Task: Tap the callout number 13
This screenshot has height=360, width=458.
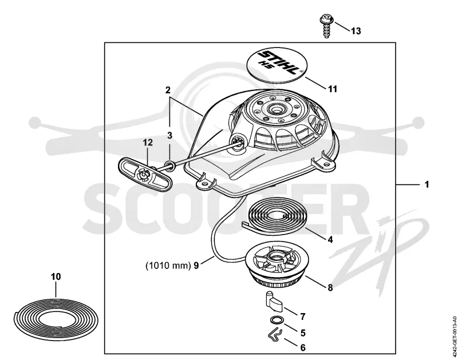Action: (356, 31)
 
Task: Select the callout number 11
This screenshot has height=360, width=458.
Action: (333, 89)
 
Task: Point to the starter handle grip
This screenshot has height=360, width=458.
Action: (145, 173)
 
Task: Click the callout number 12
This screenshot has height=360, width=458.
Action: (148, 143)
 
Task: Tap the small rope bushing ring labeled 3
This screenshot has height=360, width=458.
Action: (170, 165)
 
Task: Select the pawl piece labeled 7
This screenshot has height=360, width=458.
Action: (274, 301)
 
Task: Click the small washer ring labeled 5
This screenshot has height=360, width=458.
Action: (275, 320)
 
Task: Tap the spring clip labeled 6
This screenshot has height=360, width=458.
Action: (275, 335)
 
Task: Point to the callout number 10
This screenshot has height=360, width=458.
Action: (56, 276)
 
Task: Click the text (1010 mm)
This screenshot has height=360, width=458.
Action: (168, 266)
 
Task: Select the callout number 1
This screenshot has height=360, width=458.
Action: (427, 184)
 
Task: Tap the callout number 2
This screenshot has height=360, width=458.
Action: (168, 90)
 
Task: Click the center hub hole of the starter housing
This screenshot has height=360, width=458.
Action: (275, 110)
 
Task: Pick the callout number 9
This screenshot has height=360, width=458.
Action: (196, 266)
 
